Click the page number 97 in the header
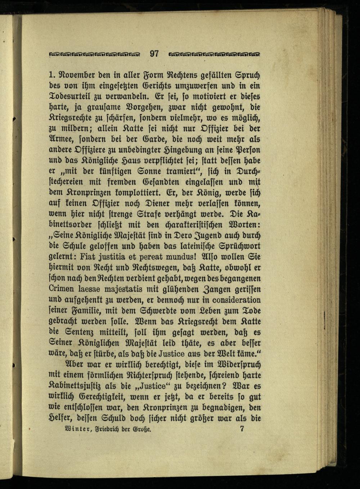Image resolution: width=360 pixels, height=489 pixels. pos(154,54)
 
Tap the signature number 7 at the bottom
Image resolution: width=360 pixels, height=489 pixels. pos(242,429)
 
